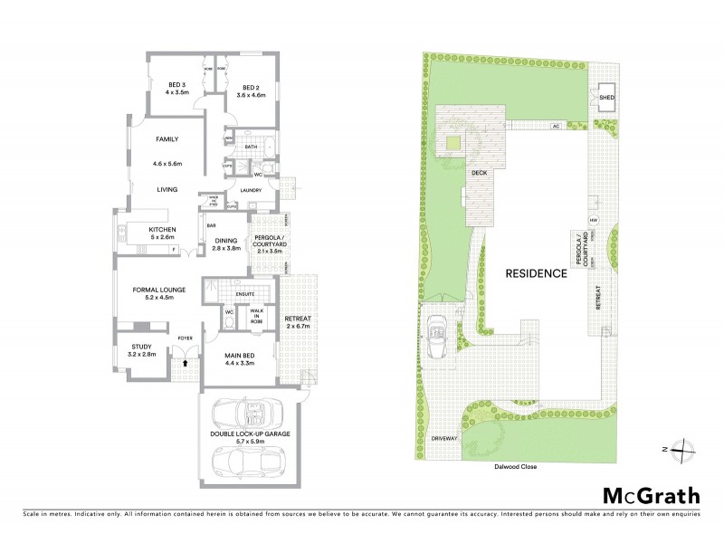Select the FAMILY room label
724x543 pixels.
coord(167,139)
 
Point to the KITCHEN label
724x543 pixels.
coord(163,230)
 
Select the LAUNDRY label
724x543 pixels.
coord(252,190)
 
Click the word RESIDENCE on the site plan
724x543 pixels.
coord(537,272)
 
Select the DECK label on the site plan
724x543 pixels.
coord(479,171)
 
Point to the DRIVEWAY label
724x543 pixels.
coord(443,437)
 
